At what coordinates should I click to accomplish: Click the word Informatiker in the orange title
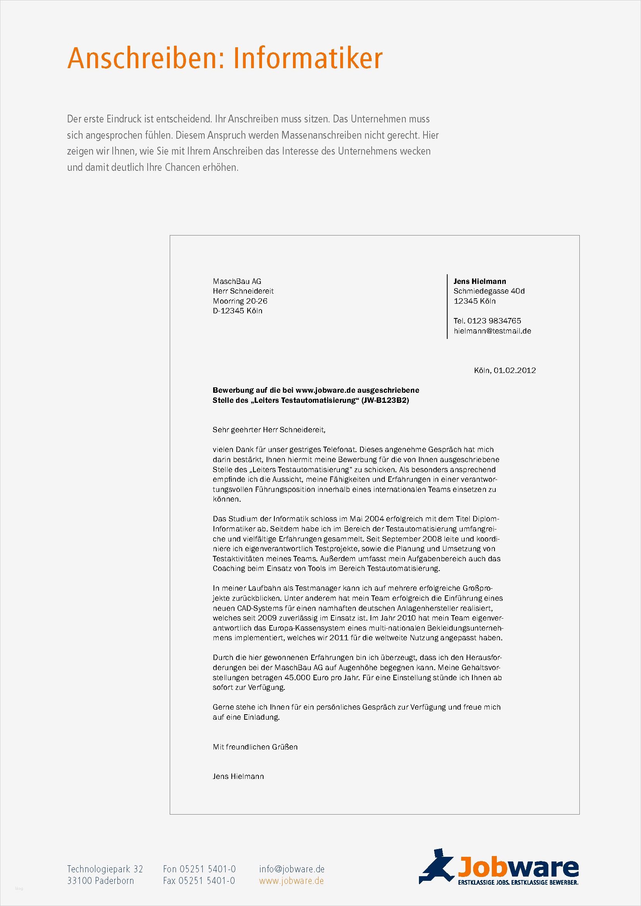pyautogui.click(x=307, y=58)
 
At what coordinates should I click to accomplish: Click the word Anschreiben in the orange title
pyautogui.click(x=142, y=58)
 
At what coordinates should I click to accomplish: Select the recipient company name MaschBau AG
pyautogui.click(x=237, y=281)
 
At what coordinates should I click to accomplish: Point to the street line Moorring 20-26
pyautogui.click(x=240, y=301)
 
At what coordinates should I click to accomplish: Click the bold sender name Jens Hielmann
pyautogui.click(x=479, y=281)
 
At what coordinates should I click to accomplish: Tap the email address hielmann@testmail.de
pyautogui.click(x=492, y=331)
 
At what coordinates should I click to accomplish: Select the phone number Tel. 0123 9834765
pyautogui.click(x=487, y=321)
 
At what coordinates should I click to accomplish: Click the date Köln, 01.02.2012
pyautogui.click(x=505, y=371)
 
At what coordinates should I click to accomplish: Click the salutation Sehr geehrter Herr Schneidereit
pyautogui.click(x=269, y=430)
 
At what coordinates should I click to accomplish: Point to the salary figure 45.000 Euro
pyautogui.click(x=306, y=677)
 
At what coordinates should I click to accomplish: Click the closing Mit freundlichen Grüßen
pyautogui.click(x=255, y=747)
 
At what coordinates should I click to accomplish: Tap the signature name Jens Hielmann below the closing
pyautogui.click(x=238, y=777)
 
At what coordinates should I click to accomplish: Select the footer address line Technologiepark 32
pyautogui.click(x=105, y=869)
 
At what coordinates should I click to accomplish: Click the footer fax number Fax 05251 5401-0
pyautogui.click(x=199, y=881)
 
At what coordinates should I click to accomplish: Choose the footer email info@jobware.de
pyautogui.click(x=292, y=869)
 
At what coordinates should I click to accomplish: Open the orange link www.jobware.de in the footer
pyautogui.click(x=291, y=881)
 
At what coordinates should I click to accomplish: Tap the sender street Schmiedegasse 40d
pyautogui.click(x=489, y=291)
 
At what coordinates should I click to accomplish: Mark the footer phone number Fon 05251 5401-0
pyautogui.click(x=199, y=869)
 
